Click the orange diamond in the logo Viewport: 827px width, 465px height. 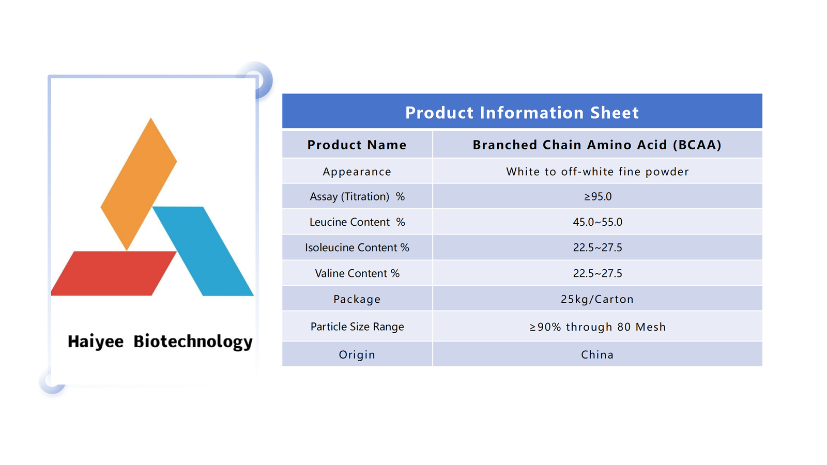pos(139,184)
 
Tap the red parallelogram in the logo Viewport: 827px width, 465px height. pos(114,273)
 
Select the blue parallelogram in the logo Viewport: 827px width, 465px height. pos(203,251)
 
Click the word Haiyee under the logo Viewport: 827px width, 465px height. pos(96,342)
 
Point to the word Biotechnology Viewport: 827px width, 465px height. pos(193,342)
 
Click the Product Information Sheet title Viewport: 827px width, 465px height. pos(522,113)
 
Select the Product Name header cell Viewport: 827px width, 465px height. pos(357,145)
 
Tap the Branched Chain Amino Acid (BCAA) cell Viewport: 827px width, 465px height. pos(597,145)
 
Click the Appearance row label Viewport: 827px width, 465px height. pos(357,172)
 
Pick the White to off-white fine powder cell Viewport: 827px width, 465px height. pos(598,172)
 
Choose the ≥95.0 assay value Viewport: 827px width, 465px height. pos(598,196)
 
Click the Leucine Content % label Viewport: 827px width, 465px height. pos(357,222)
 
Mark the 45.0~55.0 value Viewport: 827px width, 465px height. pos(598,222)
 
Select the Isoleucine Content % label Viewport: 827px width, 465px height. pos(357,247)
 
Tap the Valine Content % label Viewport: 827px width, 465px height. pos(357,273)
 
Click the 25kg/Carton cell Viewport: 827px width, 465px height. pos(597,299)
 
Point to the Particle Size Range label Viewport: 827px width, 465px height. pos(357,327)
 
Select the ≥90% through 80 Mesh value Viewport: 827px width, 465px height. pos(598,327)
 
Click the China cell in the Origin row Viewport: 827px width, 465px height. pos(597,354)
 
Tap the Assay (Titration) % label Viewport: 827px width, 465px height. pos(357,196)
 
